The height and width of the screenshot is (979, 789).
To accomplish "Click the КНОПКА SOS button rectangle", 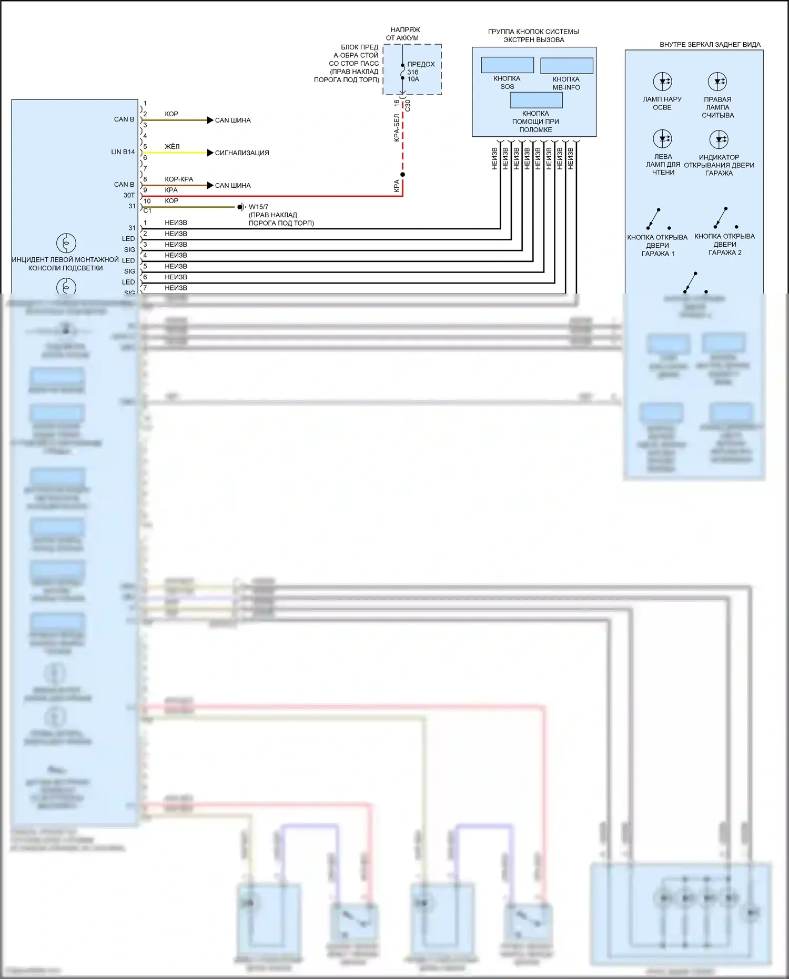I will click(507, 65).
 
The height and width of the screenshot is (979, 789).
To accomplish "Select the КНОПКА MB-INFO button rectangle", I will click(567, 66).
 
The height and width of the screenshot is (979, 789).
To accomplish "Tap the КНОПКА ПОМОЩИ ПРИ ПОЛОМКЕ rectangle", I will click(535, 100).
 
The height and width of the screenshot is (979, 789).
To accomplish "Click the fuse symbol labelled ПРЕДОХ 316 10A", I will click(403, 72).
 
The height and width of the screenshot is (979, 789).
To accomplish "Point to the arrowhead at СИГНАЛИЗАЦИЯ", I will click(210, 153).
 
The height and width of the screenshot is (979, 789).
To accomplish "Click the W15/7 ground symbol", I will click(241, 207).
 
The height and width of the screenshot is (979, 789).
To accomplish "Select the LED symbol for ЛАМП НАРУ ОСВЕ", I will click(662, 82).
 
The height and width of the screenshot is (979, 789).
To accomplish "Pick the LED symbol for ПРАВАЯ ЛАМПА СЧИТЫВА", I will click(717, 82).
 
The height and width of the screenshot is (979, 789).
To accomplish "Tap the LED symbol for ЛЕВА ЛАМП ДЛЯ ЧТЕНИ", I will click(662, 139).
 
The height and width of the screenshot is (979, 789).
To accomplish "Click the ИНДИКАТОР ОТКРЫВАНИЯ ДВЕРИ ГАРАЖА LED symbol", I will click(719, 139).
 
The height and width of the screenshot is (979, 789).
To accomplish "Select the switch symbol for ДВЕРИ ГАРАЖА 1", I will click(655, 218).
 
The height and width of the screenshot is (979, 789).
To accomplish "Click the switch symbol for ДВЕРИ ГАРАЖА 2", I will click(722, 217).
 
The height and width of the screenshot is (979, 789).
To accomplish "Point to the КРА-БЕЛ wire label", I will click(397, 128).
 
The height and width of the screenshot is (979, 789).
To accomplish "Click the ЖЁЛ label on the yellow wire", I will click(172, 146).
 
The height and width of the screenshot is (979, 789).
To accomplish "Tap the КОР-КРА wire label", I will click(179, 179).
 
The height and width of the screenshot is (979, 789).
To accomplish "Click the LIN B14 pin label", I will click(123, 152).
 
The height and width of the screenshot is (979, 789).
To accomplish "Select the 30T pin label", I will click(129, 195).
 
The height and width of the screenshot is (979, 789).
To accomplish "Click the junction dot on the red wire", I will click(402, 174).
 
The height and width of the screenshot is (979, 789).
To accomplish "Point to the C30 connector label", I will click(408, 105).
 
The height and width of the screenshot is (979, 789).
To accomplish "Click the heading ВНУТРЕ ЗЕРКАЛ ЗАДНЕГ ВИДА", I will click(710, 45).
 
